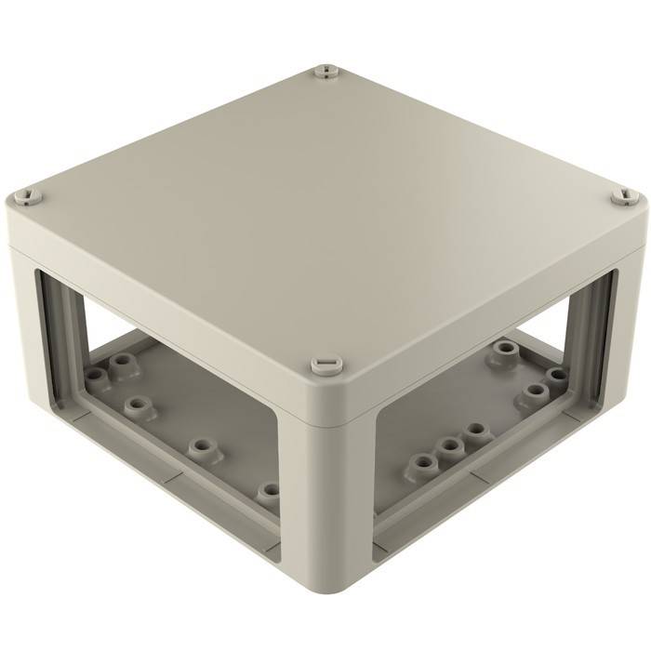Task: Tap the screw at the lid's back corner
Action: tap(324, 71)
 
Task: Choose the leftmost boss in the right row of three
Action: tap(424, 461)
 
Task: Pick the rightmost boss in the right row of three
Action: tap(476, 432)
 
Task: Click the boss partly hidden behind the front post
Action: tap(271, 490)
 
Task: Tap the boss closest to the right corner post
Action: tap(556, 376)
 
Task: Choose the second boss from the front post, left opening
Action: tap(201, 447)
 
